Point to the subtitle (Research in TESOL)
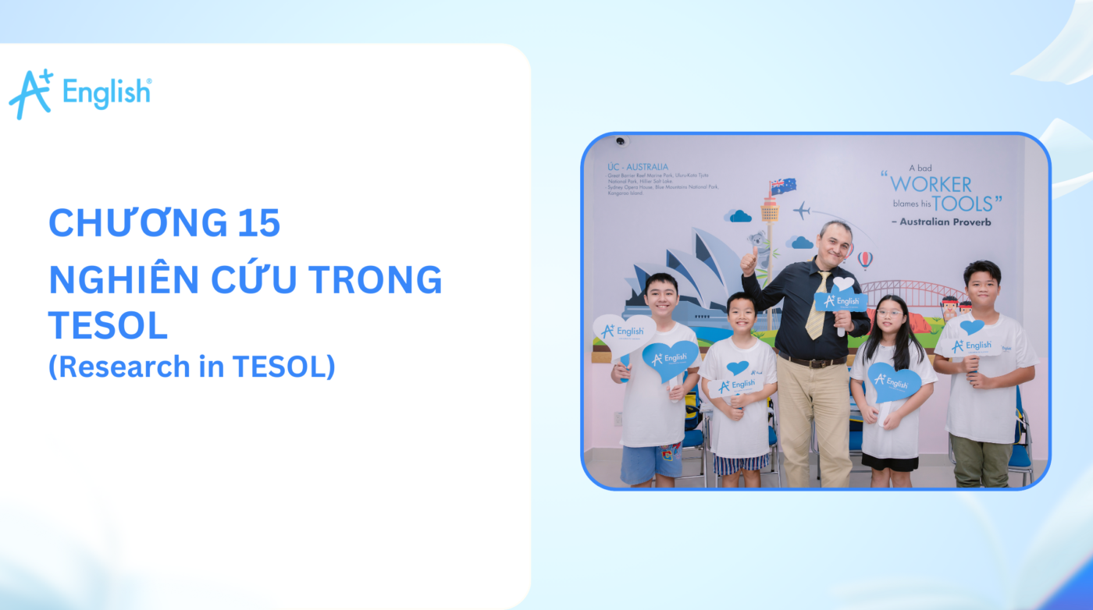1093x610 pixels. click(x=191, y=366)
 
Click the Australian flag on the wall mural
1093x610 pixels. click(x=782, y=186)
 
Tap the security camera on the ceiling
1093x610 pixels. click(x=621, y=141)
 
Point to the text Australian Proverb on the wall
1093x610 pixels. click(x=940, y=222)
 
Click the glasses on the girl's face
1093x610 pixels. click(x=889, y=314)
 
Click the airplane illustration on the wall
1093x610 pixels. click(x=801, y=210)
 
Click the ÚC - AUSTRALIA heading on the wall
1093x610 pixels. click(x=637, y=166)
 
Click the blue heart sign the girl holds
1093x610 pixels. click(x=893, y=382)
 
